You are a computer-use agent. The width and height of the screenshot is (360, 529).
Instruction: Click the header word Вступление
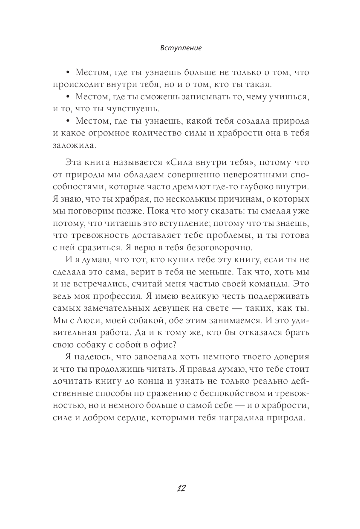181,48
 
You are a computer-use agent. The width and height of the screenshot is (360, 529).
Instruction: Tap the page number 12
181,488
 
